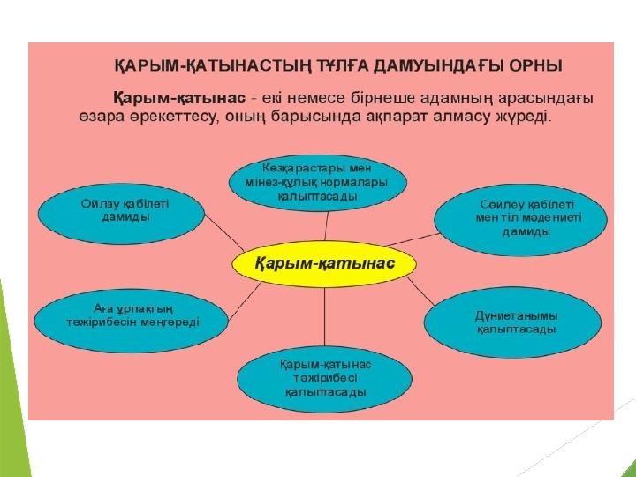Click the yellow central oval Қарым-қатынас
pyautogui.click(x=324, y=263)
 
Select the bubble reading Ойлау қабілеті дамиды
pyautogui.click(x=122, y=214)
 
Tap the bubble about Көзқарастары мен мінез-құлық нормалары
pyautogui.click(x=318, y=183)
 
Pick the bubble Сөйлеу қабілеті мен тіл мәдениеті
pyautogui.click(x=521, y=219)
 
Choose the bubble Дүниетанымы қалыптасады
pyautogui.click(x=513, y=322)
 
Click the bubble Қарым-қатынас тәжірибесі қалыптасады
pyautogui.click(x=325, y=379)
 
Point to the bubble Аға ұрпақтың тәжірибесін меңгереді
pyautogui.click(x=132, y=321)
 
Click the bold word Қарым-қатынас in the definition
pyautogui.click(x=178, y=99)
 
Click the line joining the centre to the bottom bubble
pyautogui.click(x=324, y=316)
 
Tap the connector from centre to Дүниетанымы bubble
pyautogui.click(x=421, y=291)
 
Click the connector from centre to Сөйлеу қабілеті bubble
pyautogui.click(x=412, y=239)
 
